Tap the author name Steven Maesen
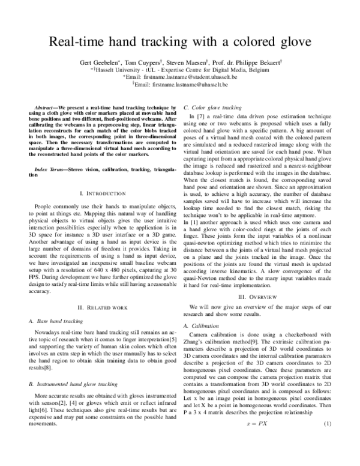point(193,62)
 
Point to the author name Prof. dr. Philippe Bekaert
point(250,62)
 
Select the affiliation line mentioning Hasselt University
point(180,70)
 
